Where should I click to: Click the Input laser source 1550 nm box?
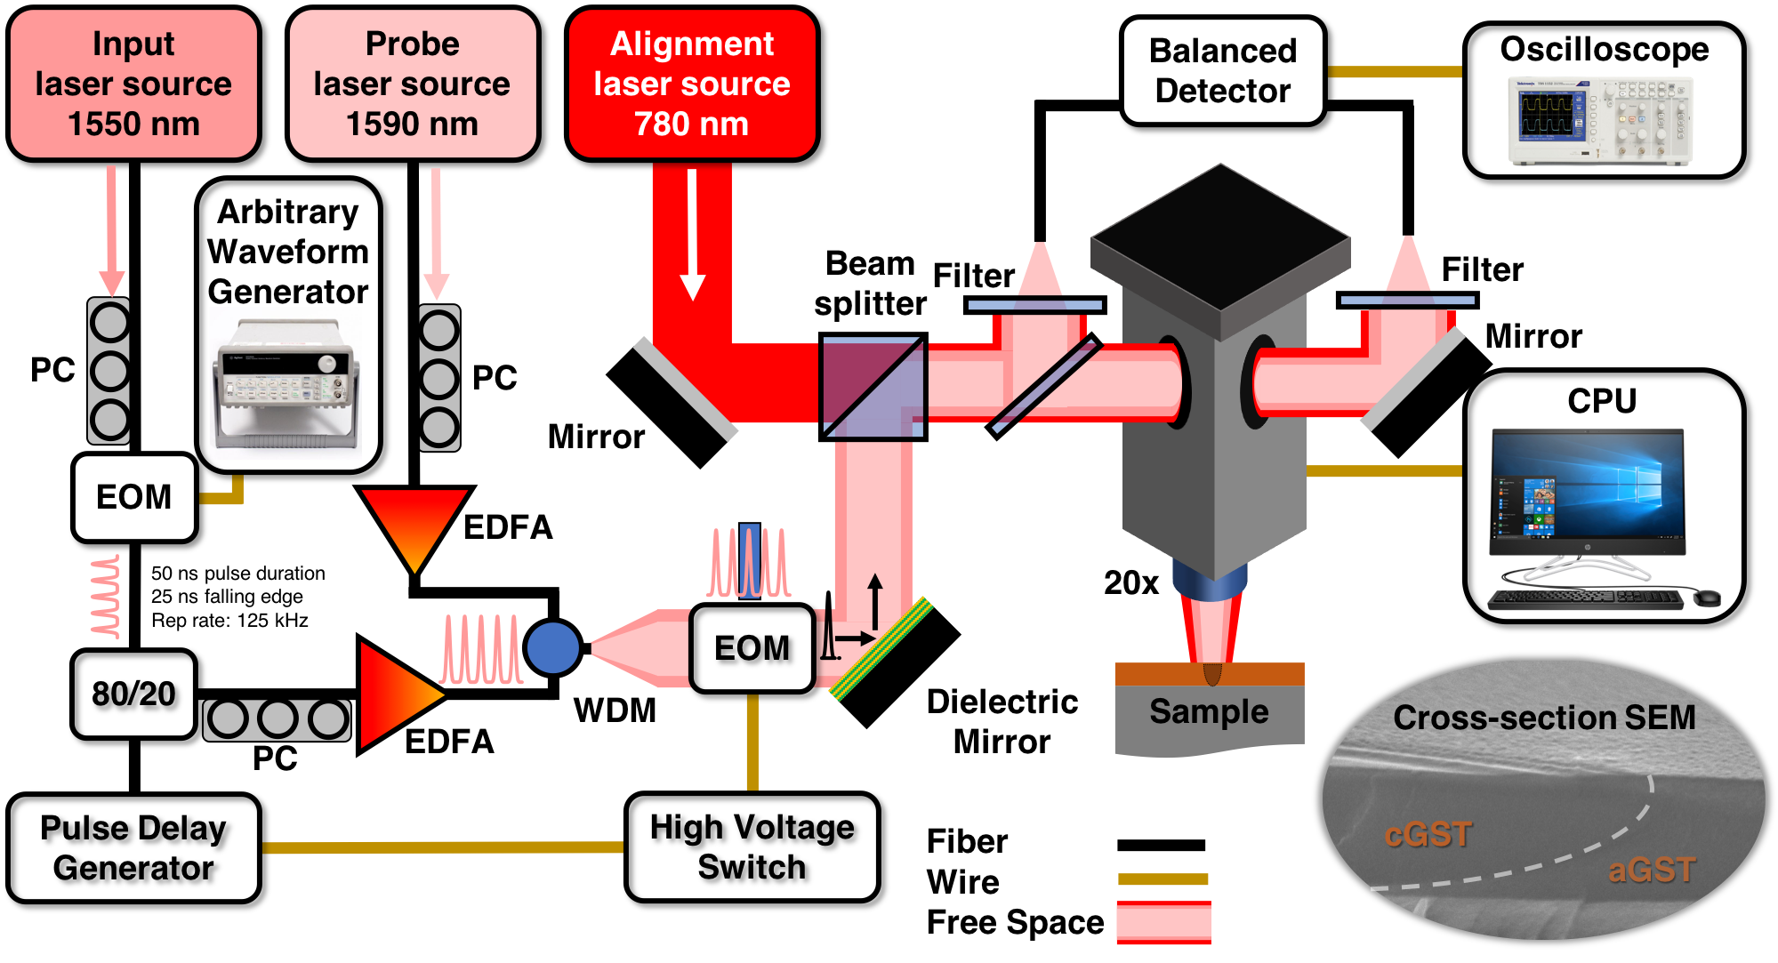point(133,84)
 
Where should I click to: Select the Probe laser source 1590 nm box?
point(413,84)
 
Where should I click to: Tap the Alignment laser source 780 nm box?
point(692,84)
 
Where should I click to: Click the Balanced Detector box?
point(1223,71)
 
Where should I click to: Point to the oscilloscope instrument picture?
point(1600,121)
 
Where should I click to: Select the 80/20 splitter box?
point(133,694)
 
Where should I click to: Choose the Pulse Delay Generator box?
point(133,847)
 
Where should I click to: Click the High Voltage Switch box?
point(752,847)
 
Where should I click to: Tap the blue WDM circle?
point(552,647)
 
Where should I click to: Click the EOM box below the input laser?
point(133,497)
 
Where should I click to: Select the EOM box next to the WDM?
point(752,648)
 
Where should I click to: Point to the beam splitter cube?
point(873,387)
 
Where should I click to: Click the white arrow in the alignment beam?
point(692,235)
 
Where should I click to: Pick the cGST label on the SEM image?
point(1428,835)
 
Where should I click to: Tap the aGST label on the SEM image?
point(1652,870)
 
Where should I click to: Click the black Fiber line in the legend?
point(1162,845)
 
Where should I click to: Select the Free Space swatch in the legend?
point(1163,922)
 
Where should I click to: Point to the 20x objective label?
point(1131,582)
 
